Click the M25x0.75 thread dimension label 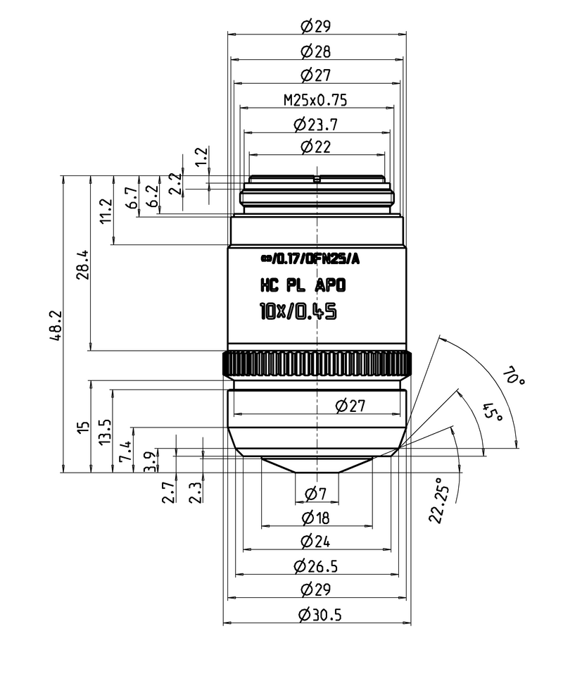(x=315, y=99)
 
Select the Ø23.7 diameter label (x=315, y=125)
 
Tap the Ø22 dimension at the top (x=315, y=147)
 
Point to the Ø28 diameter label (x=315, y=51)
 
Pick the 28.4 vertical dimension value (x=83, y=263)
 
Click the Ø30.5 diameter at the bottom (x=319, y=615)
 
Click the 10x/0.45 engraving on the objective (x=298, y=311)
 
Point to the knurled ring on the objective (x=317, y=363)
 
